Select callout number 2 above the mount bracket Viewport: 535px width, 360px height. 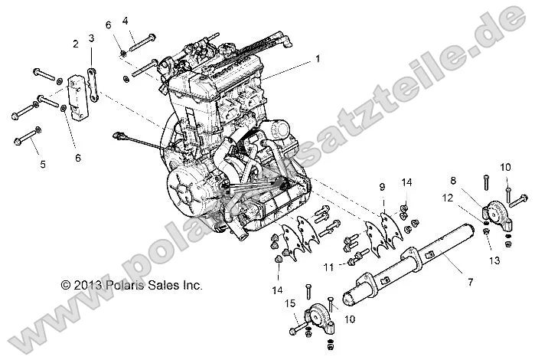[76, 44]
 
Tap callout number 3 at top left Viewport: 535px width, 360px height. [91, 38]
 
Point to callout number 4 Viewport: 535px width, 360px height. [126, 20]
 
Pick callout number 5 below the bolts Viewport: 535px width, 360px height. [43, 164]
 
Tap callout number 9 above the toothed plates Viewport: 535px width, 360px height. [382, 186]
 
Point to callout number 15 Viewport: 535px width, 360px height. [291, 304]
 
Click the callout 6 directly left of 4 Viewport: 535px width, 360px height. [109, 25]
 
